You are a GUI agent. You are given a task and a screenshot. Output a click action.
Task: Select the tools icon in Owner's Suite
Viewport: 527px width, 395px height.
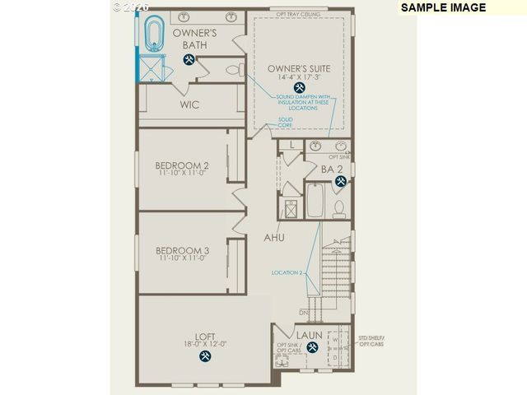297,86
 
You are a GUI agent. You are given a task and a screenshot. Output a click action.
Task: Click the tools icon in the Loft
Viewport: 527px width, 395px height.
205,355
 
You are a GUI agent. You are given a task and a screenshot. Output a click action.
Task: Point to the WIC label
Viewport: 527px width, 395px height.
190,105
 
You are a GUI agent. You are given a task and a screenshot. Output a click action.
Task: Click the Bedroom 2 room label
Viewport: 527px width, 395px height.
182,165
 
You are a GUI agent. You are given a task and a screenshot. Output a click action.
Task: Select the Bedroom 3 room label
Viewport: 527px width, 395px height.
182,250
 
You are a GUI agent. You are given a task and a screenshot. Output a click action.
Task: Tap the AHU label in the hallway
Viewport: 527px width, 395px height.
274,237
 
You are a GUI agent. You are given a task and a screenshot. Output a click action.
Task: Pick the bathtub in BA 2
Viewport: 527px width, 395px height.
316,201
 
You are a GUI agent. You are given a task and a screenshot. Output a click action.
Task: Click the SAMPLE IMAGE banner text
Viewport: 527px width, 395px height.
444,7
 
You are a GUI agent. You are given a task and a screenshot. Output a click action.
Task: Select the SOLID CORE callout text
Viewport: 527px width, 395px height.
285,123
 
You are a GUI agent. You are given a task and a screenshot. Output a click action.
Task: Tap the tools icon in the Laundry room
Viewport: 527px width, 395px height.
312,347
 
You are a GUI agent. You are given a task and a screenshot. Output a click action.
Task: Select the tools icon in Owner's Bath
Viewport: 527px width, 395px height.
189,61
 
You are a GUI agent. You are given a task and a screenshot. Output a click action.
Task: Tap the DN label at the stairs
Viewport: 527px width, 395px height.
304,314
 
